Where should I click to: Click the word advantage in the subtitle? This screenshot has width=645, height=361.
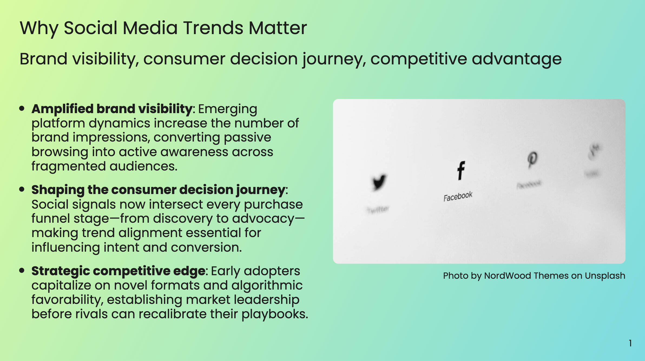pos(516,59)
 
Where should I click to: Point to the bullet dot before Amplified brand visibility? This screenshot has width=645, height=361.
pos(22,109)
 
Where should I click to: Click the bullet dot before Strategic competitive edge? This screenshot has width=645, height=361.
pos(22,270)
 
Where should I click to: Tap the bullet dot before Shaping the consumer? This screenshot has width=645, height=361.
pos(22,189)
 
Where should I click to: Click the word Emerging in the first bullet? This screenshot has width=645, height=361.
pos(228,109)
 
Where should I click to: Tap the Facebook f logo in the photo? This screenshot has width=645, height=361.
pos(461,170)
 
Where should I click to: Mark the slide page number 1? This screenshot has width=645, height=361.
pos(630,343)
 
